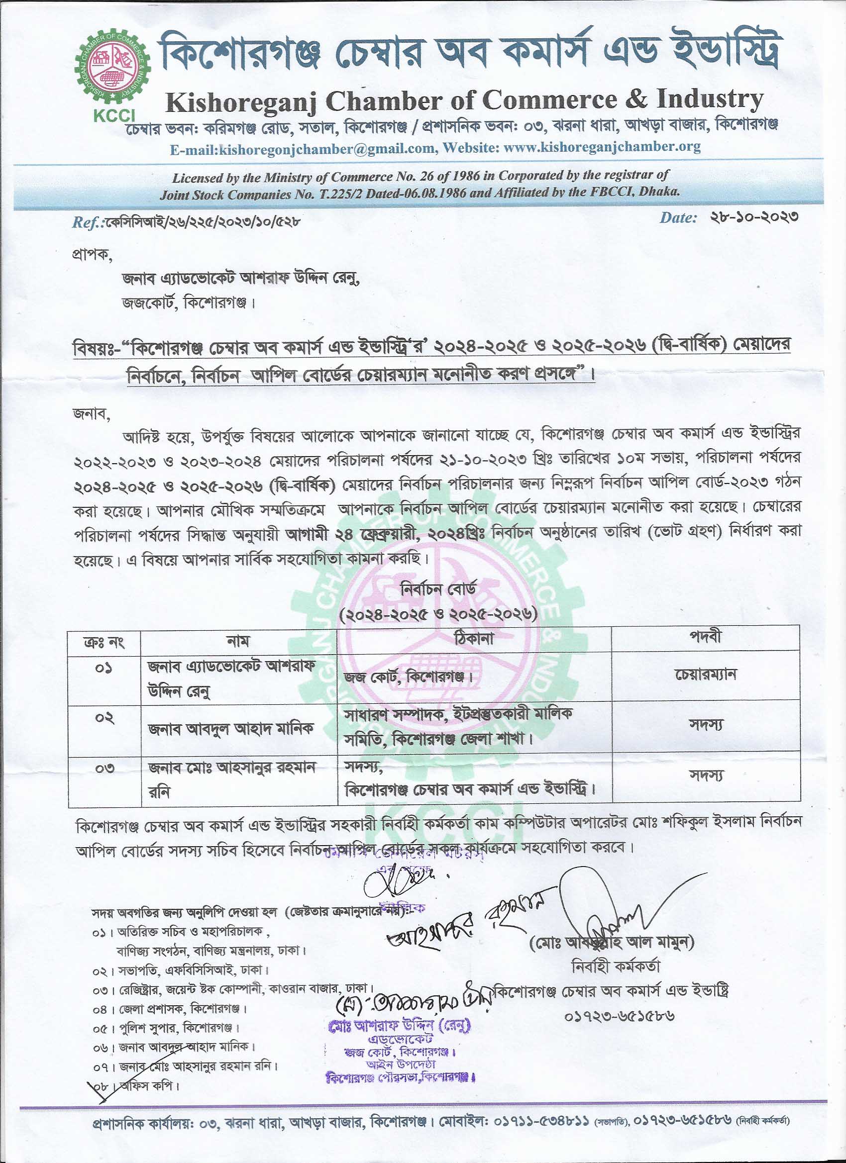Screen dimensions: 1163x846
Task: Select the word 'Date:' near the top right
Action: pyautogui.click(x=678, y=217)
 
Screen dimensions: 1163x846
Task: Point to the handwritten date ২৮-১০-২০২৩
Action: pyautogui.click(x=754, y=217)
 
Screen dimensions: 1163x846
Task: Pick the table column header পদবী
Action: pyautogui.click(x=706, y=637)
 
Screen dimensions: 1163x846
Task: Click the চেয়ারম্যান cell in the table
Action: pyautogui.click(x=706, y=675)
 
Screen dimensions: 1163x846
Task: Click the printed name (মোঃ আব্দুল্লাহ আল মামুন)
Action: pyautogui.click(x=611, y=942)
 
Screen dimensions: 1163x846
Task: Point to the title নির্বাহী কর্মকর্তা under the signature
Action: pyautogui.click(x=616, y=966)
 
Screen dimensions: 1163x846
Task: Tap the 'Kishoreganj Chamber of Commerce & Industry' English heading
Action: pyautogui.click(x=464, y=100)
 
